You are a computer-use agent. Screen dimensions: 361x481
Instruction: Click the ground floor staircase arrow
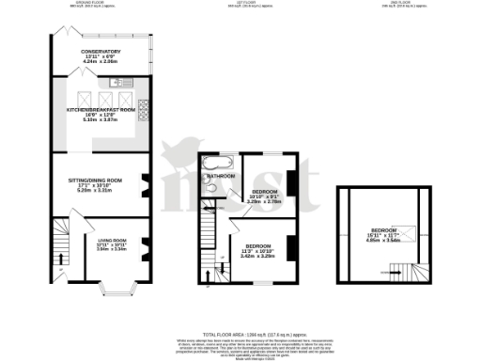point(60,263)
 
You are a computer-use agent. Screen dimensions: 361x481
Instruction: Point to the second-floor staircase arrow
point(387,271)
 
